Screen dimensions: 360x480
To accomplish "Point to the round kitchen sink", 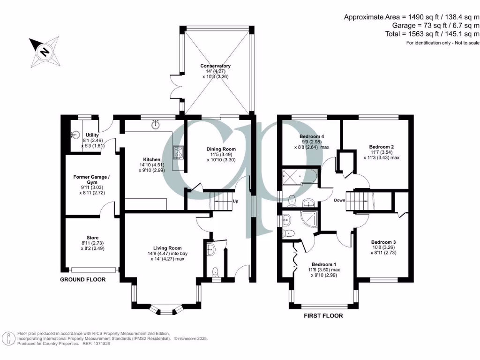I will (x=155, y=125).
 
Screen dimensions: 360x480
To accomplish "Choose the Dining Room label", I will (x=221, y=150).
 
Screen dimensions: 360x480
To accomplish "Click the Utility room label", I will (x=92, y=135).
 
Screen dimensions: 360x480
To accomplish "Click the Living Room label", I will (x=167, y=248).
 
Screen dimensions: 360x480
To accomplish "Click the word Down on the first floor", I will (x=340, y=200).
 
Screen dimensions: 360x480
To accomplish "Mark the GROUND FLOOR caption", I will (x=82, y=279).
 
